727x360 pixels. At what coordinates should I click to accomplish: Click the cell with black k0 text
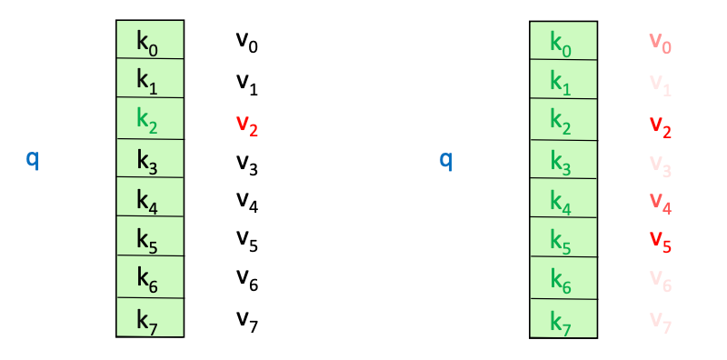coord(150,40)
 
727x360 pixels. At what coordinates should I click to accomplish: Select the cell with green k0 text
coord(563,40)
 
